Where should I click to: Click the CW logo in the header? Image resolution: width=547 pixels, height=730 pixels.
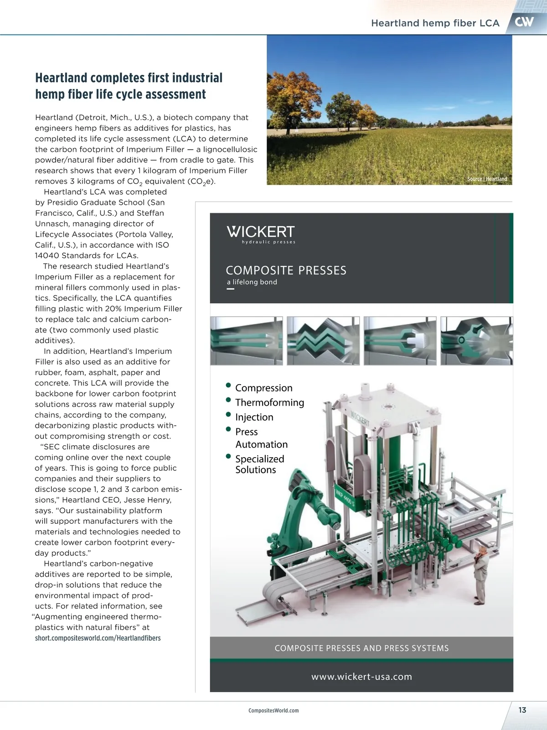click(524, 22)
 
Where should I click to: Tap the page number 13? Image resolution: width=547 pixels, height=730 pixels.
click(522, 710)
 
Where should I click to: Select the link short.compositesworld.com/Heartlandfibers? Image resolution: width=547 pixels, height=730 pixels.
click(98, 638)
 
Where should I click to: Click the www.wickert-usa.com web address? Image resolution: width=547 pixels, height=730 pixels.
click(361, 677)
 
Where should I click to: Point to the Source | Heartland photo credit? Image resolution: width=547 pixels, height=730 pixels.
click(487, 179)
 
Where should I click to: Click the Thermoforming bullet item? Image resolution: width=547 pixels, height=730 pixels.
click(269, 402)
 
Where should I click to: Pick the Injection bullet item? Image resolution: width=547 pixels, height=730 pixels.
click(254, 417)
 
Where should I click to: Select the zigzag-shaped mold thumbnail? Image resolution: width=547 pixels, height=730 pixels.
click(323, 341)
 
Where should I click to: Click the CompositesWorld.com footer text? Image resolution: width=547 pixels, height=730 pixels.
click(273, 710)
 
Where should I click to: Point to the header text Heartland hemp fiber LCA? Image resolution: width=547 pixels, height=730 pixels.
click(435, 23)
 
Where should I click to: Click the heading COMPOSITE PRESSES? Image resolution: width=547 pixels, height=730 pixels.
click(286, 271)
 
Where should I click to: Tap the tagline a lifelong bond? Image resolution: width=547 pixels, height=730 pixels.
click(252, 282)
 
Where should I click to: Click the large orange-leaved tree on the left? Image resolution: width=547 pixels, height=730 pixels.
click(288, 98)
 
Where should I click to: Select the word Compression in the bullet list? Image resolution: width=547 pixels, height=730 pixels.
click(264, 388)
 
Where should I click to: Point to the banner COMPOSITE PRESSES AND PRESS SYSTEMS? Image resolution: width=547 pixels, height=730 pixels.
click(361, 648)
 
